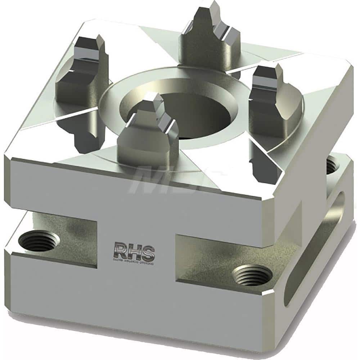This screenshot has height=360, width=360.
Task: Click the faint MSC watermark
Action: (x=162, y=180)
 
